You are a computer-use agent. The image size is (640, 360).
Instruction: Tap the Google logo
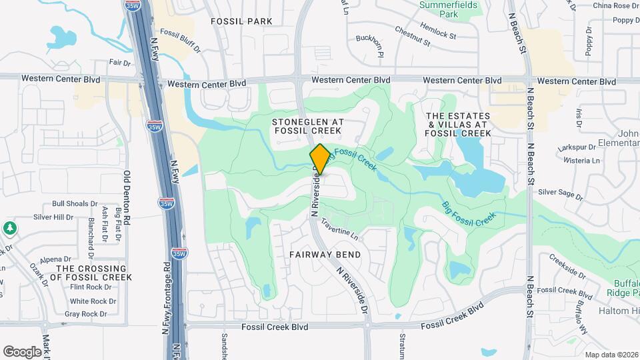(22, 351)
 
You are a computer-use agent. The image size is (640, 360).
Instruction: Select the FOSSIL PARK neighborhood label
(241, 21)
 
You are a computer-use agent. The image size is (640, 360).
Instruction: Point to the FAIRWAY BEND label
(325, 255)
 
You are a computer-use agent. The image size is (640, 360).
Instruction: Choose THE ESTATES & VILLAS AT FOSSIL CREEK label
(458, 125)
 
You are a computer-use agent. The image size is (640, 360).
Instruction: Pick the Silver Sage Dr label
(561, 195)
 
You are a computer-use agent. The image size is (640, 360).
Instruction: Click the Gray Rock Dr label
(85, 314)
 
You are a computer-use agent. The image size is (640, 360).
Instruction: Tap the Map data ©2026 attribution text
(611, 355)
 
